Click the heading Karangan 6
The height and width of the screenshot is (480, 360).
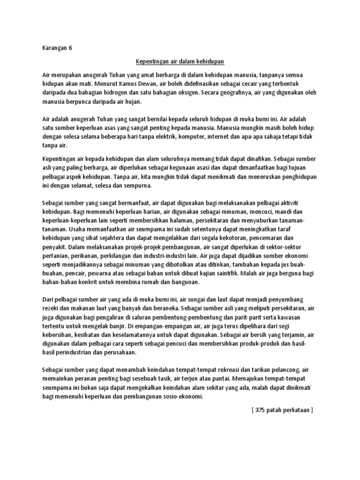pos(55,48)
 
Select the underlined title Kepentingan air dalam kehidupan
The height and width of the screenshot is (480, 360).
pos(180,61)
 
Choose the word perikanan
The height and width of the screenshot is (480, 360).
pos(87,257)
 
